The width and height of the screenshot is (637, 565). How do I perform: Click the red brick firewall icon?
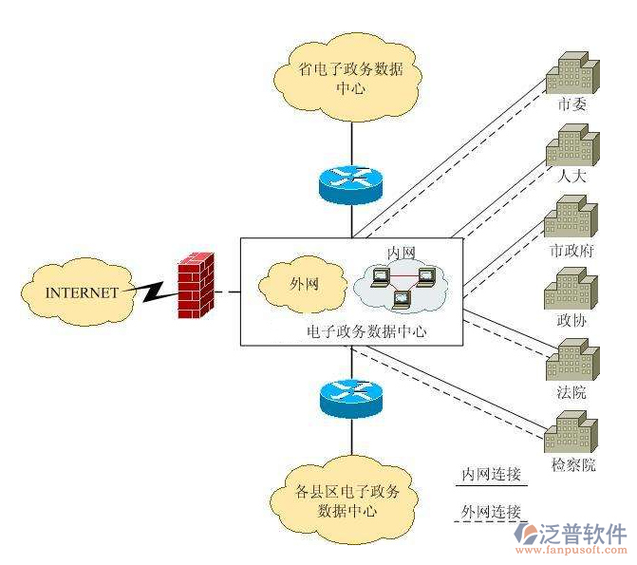[197, 285]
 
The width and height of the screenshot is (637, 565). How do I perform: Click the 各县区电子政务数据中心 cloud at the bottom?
[348, 500]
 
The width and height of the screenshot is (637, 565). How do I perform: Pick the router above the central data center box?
[350, 182]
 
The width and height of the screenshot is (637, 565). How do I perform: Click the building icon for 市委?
[572, 71]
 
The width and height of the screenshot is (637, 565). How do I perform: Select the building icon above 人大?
[572, 144]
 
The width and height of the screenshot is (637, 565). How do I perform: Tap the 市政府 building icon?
[571, 217]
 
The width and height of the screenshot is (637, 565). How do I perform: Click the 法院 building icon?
[571, 361]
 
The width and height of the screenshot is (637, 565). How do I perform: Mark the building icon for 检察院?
[572, 432]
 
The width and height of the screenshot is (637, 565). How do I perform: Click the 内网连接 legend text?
[491, 473]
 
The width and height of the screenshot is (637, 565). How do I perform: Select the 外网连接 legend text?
[491, 512]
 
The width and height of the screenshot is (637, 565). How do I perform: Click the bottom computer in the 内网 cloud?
[402, 302]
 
